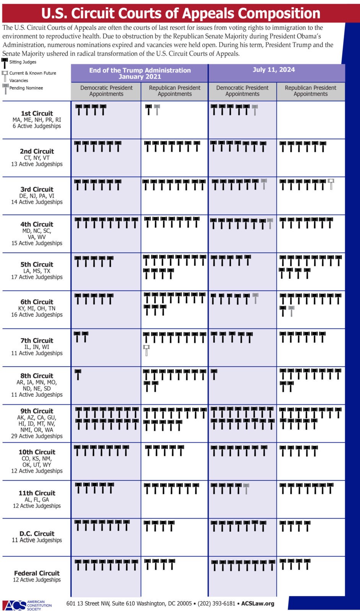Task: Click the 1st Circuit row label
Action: tap(37, 113)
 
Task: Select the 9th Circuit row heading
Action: tap(37, 411)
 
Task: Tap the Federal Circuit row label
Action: tap(37, 573)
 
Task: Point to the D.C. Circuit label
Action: tap(37, 533)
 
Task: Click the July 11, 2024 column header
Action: tap(274, 70)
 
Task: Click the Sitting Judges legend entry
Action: tap(23, 62)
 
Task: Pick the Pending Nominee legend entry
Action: tap(26, 88)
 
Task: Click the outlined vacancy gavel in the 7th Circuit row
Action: tap(146, 350)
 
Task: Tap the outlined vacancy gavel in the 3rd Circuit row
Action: tap(331, 184)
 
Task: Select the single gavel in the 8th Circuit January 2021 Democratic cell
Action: tap(78, 374)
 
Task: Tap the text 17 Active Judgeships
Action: tap(37, 277)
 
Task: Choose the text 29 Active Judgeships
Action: tap(37, 436)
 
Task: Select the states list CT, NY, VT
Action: tap(37, 158)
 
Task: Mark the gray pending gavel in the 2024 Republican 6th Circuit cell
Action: tap(292, 311)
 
